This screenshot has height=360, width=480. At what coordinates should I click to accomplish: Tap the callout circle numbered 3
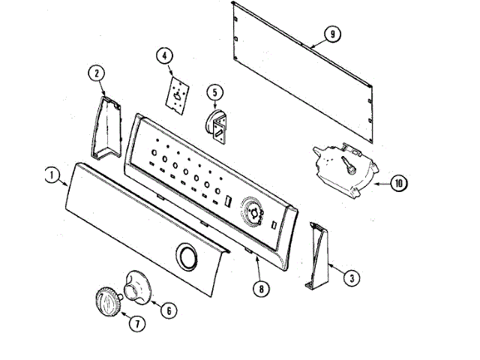(x=349, y=277)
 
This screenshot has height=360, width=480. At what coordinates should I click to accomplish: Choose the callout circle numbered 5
(x=215, y=93)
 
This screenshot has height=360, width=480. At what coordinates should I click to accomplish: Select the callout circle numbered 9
(x=331, y=31)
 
